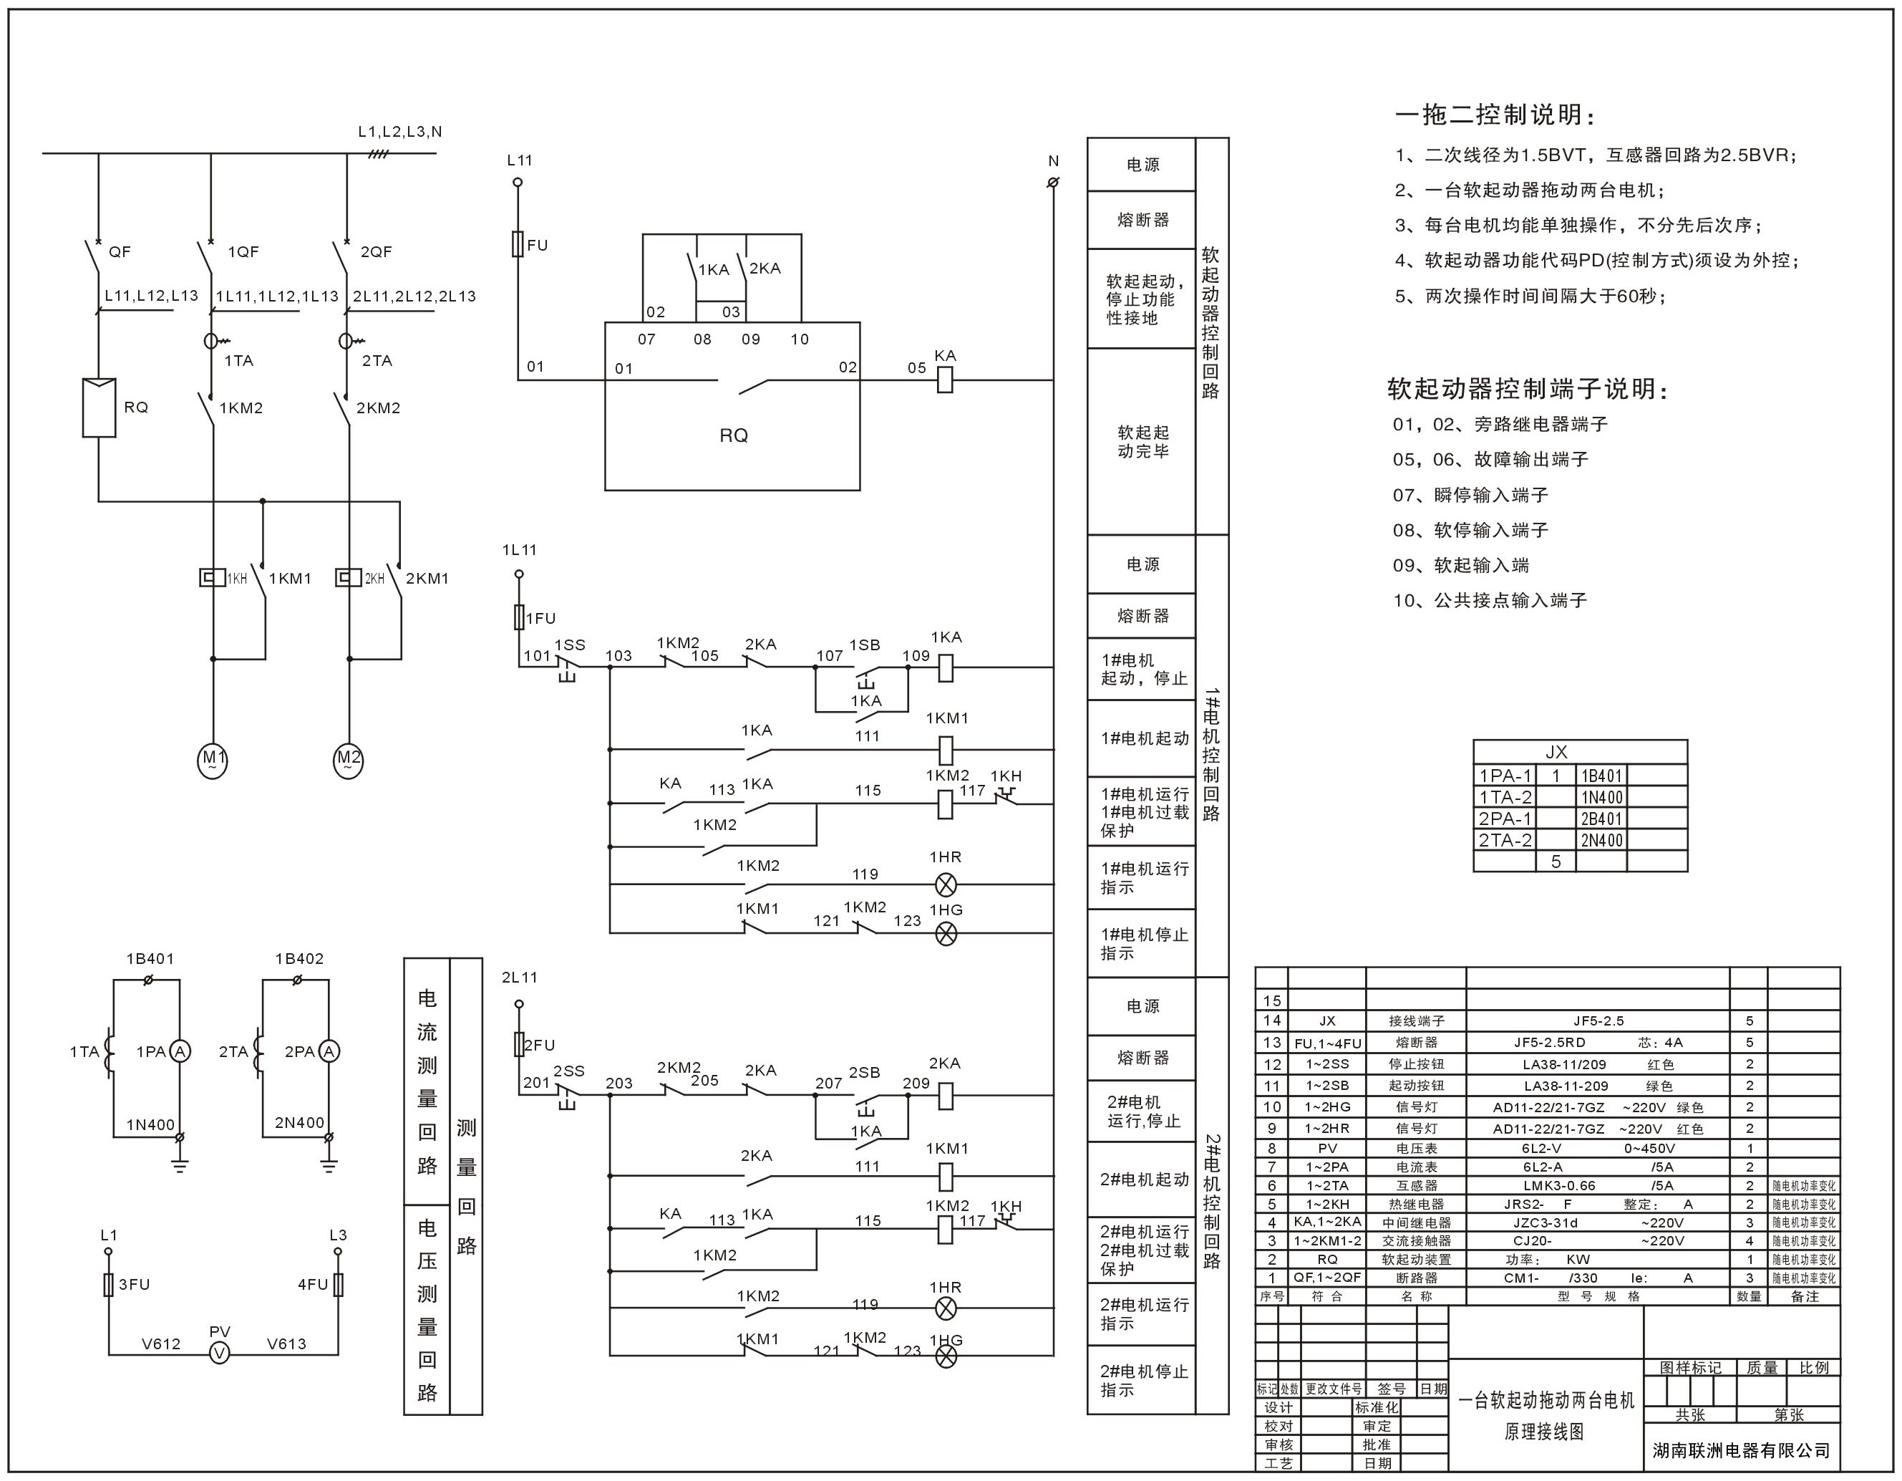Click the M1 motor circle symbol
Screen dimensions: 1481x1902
pyautogui.click(x=213, y=761)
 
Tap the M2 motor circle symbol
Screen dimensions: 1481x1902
pyautogui.click(x=349, y=761)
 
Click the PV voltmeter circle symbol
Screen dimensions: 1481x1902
pyautogui.click(x=220, y=1353)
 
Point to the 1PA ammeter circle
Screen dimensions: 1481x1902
pyautogui.click(x=180, y=1051)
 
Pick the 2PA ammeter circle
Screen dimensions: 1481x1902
pyautogui.click(x=329, y=1051)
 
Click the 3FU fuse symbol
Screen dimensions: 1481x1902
pyautogui.click(x=109, y=1284)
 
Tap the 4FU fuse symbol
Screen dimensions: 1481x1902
pyautogui.click(x=339, y=1284)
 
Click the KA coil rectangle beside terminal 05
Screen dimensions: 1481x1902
pyautogui.click(x=945, y=380)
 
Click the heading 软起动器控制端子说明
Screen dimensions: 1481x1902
pyautogui.click(x=1528, y=389)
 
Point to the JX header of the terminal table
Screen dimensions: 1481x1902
pyautogui.click(x=1556, y=752)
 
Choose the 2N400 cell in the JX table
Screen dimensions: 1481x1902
pyautogui.click(x=1601, y=841)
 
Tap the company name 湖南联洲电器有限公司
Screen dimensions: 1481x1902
pyautogui.click(x=1741, y=1450)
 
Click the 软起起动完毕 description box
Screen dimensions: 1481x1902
pyautogui.click(x=1142, y=442)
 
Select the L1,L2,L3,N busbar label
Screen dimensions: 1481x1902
pyautogui.click(x=399, y=132)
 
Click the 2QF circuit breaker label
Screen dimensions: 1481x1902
pyautogui.click(x=377, y=252)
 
